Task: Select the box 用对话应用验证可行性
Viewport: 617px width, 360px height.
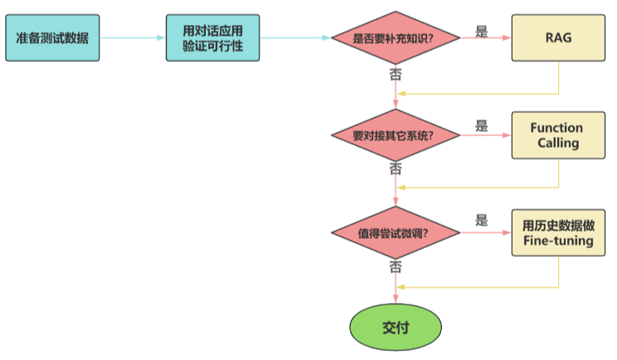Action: coord(214,38)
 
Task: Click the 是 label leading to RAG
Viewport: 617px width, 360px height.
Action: coord(482,32)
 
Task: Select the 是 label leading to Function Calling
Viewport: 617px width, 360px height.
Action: coord(482,127)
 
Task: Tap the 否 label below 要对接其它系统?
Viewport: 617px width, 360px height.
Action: coord(396,169)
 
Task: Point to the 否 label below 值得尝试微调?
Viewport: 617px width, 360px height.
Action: coord(396,267)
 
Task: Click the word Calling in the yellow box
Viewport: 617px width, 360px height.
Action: coord(557,144)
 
